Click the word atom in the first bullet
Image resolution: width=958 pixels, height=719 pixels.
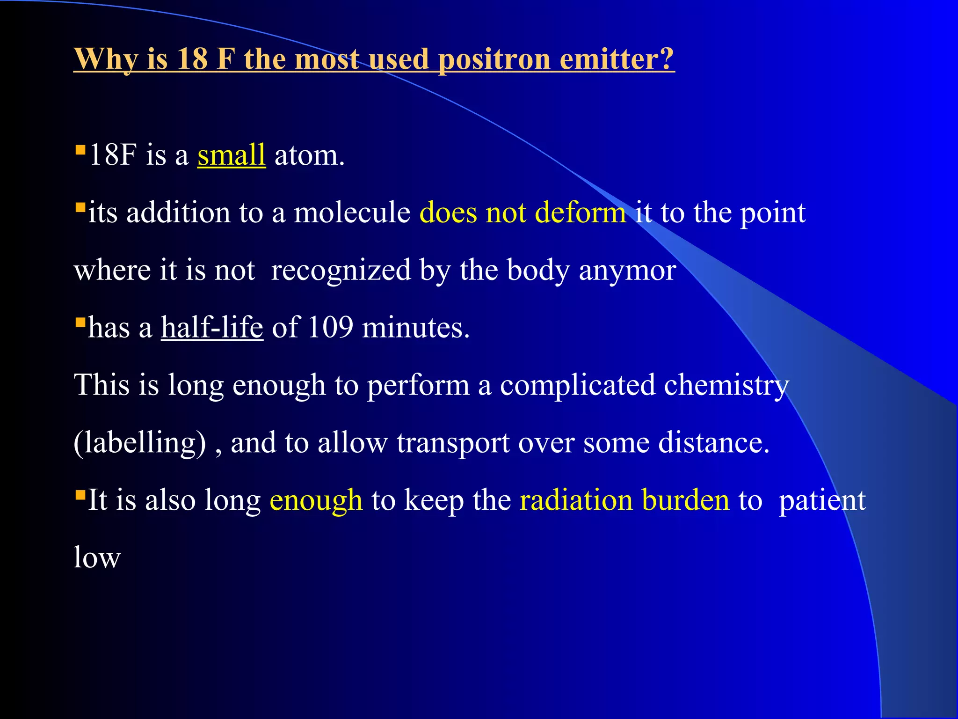coord(309,156)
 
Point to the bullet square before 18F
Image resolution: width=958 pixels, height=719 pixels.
coord(80,150)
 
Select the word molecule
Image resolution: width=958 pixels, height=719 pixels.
coord(352,213)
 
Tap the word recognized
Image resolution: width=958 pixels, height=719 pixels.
coord(341,271)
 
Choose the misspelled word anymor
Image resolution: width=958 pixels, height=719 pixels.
coord(627,271)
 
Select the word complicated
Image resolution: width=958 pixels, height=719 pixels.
coord(578,385)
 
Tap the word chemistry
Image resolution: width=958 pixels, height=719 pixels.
coord(726,385)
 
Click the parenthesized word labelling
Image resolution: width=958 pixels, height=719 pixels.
coord(140,442)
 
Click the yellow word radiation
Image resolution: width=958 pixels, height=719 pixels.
coord(576,500)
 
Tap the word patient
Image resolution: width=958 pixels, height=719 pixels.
coord(822,500)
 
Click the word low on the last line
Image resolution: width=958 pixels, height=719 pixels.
coord(97,558)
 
